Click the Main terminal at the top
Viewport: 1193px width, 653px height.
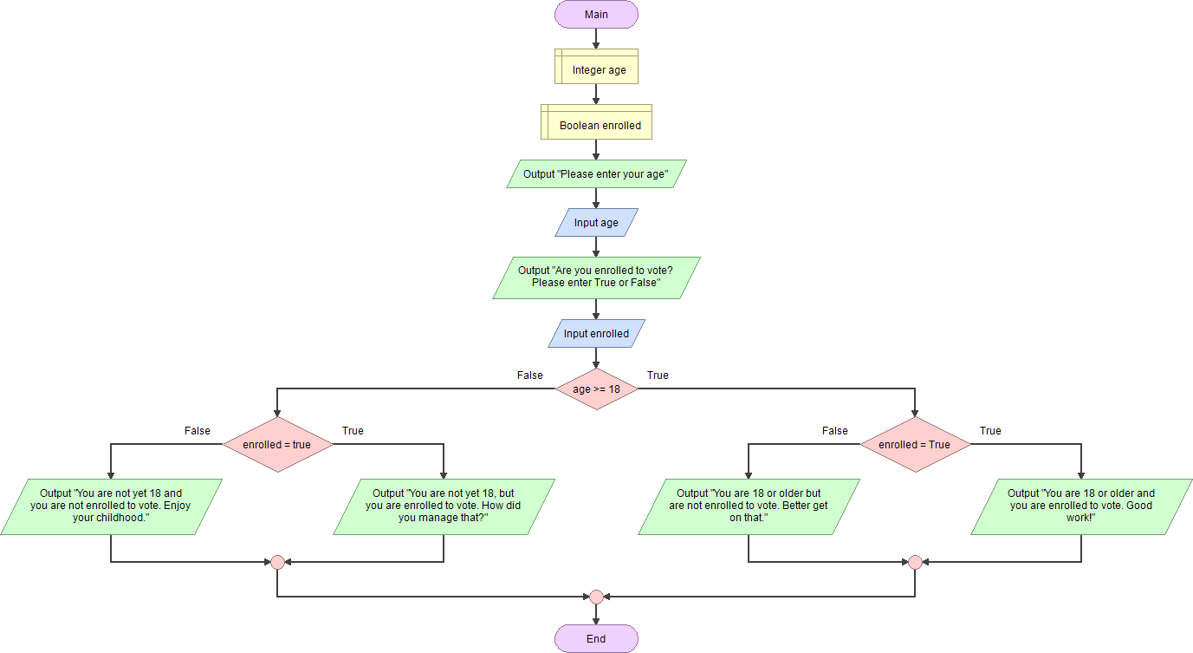pyautogui.click(x=596, y=15)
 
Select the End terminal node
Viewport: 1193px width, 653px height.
pyautogui.click(x=596, y=639)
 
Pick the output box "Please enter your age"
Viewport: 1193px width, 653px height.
pyautogui.click(x=596, y=174)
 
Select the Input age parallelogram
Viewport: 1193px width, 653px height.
pyautogui.click(x=596, y=223)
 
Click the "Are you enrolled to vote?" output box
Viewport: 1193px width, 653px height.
pyautogui.click(x=596, y=278)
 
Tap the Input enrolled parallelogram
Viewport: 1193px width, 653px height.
pyautogui.click(x=596, y=334)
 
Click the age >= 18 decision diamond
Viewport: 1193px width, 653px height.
pyautogui.click(x=596, y=389)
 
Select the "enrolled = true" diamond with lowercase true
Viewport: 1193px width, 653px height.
pyautogui.click(x=277, y=445)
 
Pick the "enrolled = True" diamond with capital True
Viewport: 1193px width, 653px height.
pyautogui.click(x=915, y=445)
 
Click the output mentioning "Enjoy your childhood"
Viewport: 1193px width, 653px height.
pyautogui.click(x=111, y=506)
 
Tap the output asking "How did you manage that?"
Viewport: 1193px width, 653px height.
pyautogui.click(x=444, y=506)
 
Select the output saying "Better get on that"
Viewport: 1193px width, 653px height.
pyautogui.click(x=749, y=506)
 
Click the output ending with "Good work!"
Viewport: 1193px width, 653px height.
pyautogui.click(x=1081, y=506)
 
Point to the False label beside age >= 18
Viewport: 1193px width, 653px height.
pyautogui.click(x=530, y=375)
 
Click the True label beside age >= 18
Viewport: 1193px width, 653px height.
pyautogui.click(x=658, y=375)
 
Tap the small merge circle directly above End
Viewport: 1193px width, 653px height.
pyautogui.click(x=596, y=597)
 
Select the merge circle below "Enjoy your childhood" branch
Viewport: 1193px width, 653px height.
pyautogui.click(x=277, y=562)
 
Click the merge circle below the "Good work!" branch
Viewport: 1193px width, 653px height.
pyautogui.click(x=915, y=562)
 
